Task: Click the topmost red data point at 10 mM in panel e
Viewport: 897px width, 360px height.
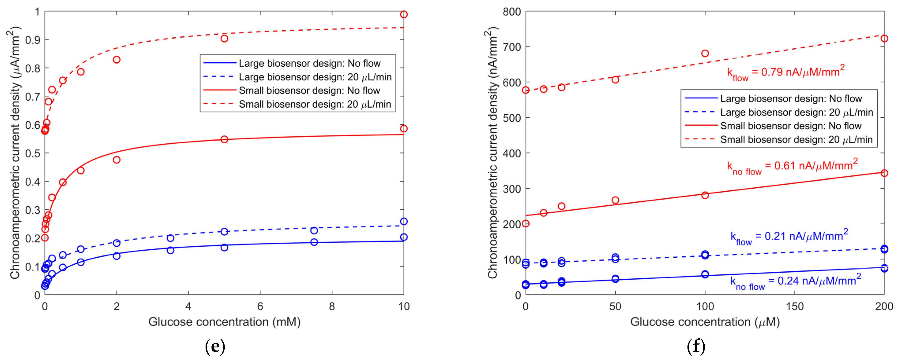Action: click(x=404, y=14)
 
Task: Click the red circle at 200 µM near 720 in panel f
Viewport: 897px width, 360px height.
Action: click(x=884, y=38)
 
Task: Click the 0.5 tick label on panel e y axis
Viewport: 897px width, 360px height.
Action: click(x=32, y=153)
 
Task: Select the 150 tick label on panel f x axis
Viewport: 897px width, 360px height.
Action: click(x=795, y=306)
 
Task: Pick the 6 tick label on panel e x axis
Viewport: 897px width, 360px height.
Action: click(x=260, y=306)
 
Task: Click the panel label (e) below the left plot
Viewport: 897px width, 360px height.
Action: click(x=215, y=346)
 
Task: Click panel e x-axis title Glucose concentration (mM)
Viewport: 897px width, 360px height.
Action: click(x=224, y=322)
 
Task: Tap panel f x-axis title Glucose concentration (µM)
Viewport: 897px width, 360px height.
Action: click(x=705, y=322)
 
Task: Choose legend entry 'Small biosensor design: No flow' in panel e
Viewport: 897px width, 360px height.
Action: click(x=309, y=90)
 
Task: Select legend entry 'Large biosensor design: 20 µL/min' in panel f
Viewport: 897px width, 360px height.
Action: click(x=796, y=112)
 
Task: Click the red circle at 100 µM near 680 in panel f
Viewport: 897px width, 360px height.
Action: click(x=705, y=53)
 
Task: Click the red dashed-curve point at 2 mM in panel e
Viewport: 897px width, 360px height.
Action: click(x=117, y=60)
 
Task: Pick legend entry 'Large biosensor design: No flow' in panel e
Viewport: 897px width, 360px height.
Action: click(x=309, y=63)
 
